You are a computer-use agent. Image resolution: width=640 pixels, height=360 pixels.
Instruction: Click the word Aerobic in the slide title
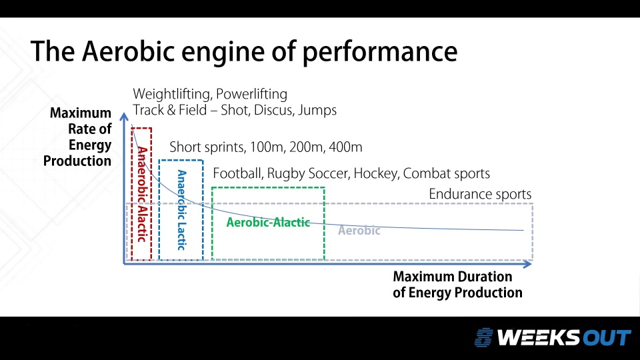click(123, 51)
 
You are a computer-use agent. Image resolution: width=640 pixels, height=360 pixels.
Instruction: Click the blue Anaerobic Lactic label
click(181, 209)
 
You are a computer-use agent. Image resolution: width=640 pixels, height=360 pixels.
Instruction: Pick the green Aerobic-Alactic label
click(268, 223)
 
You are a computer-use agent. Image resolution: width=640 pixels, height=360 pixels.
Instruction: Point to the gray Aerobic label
click(359, 231)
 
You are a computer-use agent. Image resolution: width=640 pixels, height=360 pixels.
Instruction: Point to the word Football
click(237, 174)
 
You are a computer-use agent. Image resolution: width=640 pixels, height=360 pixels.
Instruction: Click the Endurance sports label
click(480, 195)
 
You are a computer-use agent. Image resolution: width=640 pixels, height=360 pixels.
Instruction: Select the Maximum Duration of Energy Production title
click(457, 285)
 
